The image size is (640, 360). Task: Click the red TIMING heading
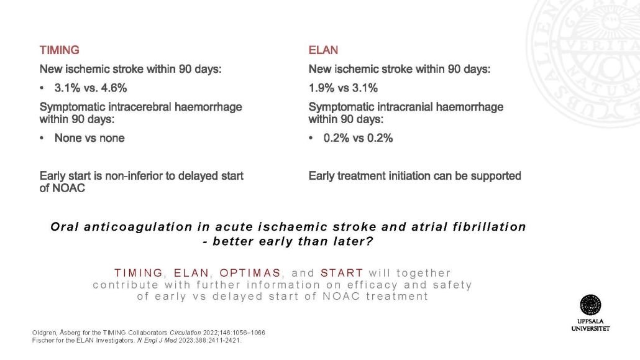pyautogui.click(x=59, y=50)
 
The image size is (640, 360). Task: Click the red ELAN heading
pyautogui.click(x=323, y=50)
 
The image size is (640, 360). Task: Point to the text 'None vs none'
pyautogui.click(x=89, y=138)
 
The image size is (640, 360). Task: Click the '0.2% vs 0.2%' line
pyautogui.click(x=358, y=138)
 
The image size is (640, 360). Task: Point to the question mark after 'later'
pyautogui.click(x=369, y=241)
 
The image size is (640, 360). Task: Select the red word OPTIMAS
pyautogui.click(x=250, y=273)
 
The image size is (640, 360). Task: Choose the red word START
pyautogui.click(x=342, y=273)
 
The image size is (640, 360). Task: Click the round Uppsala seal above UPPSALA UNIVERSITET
pyautogui.click(x=590, y=305)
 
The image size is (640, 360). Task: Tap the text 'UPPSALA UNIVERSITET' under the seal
pyautogui.click(x=591, y=325)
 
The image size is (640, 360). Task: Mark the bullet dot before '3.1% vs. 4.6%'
pyautogui.click(x=42, y=88)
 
